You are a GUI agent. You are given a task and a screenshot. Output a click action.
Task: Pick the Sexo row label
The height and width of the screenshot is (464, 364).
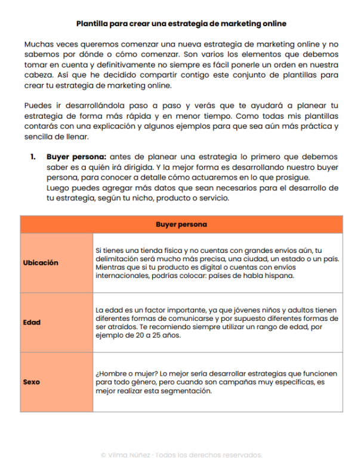click(31, 382)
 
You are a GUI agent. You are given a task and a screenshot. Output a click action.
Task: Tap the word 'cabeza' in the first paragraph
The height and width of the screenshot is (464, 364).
click(38, 76)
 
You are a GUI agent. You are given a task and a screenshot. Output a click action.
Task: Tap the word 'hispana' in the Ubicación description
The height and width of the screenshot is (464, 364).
click(279, 277)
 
